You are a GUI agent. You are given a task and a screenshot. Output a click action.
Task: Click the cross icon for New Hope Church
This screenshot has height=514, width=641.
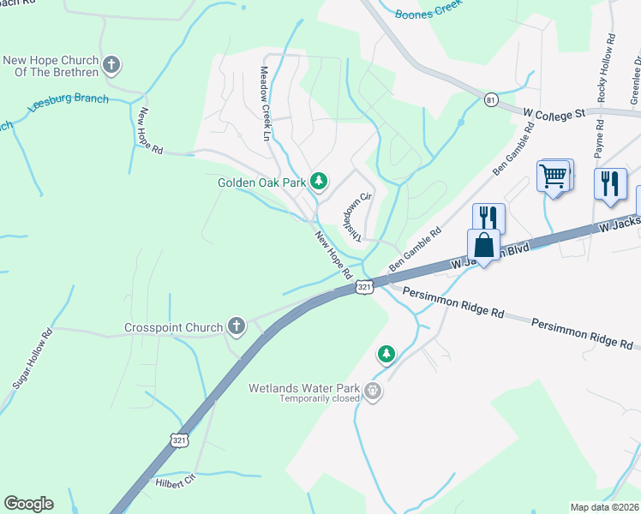coord(111,64)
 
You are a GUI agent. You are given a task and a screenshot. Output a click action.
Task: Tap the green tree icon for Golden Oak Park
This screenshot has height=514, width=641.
coord(319,181)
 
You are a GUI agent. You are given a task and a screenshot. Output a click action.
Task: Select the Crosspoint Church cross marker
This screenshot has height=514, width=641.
coord(236,326)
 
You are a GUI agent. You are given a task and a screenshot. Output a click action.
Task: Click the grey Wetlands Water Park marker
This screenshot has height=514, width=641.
coord(373,391)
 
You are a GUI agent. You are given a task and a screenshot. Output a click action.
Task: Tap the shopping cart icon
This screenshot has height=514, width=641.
coord(554,176)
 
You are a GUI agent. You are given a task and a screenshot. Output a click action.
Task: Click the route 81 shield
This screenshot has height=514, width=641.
coord(490,99)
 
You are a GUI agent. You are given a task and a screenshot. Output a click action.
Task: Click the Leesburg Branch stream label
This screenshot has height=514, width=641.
coord(69,101)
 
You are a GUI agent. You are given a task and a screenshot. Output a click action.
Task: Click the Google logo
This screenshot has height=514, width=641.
coord(28,504)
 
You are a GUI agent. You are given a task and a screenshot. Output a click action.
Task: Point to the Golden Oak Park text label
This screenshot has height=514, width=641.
coord(262,182)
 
